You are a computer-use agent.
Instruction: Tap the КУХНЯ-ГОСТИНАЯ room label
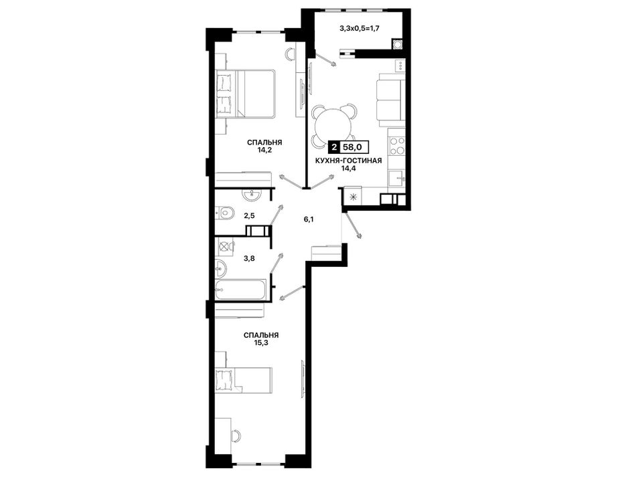pos(348,161)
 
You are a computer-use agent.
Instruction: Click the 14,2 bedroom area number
pos(265,150)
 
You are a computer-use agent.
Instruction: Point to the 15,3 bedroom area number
pos(261,343)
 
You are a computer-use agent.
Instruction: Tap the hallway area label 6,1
pos(309,219)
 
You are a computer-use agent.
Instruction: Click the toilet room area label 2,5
pos(249,215)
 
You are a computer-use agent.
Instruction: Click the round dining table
pos(332,125)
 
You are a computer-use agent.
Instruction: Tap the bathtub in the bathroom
pos(240,290)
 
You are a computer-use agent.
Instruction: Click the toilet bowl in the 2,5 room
pos(224,213)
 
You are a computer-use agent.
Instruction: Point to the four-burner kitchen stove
pos(396,147)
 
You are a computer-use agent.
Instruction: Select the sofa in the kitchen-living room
pos(390,98)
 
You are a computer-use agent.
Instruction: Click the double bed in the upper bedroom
pos(246,94)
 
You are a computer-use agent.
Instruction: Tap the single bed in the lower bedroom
pos(243,380)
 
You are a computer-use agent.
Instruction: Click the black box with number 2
pos(334,146)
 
